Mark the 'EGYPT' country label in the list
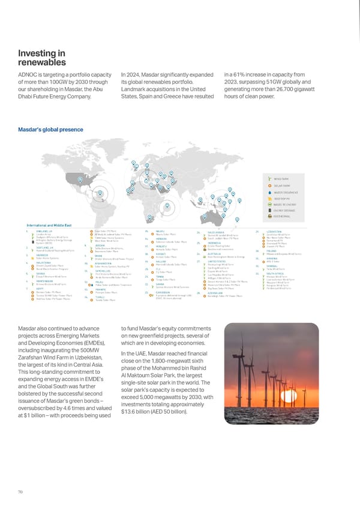(x=30, y=289)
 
